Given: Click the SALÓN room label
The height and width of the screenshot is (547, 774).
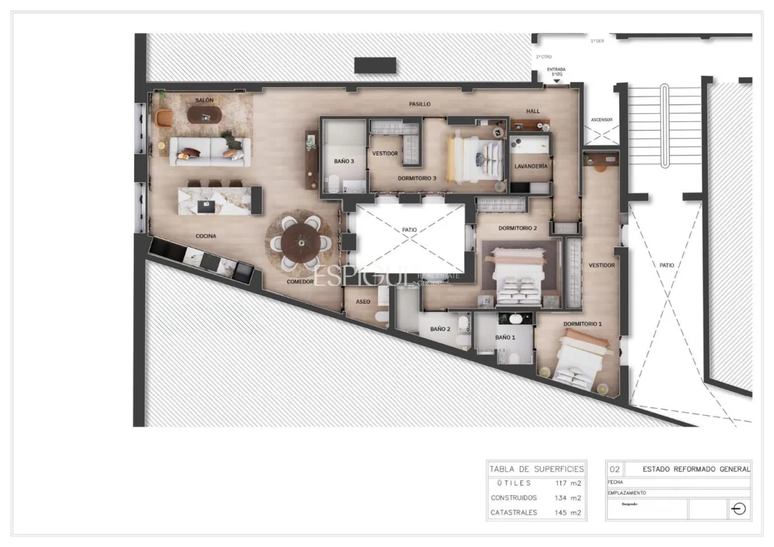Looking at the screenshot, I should pos(204,100).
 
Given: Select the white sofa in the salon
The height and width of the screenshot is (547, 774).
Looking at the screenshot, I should pos(210,151).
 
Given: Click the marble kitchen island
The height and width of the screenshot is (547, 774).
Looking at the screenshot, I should pos(214,201).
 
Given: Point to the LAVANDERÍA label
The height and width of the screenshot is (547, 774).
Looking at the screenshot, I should pos(530,167).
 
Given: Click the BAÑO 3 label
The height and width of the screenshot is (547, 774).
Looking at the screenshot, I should pos(344,161).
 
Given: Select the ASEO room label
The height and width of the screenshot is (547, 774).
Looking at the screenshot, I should pos(363,302).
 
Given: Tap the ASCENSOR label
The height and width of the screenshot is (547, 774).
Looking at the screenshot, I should pos(601,120).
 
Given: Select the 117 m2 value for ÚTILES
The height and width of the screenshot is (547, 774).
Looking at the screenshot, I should pos(567,483).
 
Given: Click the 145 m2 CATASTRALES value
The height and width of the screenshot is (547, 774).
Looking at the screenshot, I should pos(567,512).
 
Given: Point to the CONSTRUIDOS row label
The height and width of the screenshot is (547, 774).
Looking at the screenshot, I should pos(513,498).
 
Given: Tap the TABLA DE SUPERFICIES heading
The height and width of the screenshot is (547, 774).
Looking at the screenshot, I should pos(536,469).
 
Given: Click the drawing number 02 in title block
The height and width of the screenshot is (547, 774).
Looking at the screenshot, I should pos(615,469).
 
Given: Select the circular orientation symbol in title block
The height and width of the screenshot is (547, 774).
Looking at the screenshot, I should pos(738,510).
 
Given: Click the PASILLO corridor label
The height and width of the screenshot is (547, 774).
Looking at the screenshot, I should pos(419,104).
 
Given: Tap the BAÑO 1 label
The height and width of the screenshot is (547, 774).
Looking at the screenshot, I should pos(504,337).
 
